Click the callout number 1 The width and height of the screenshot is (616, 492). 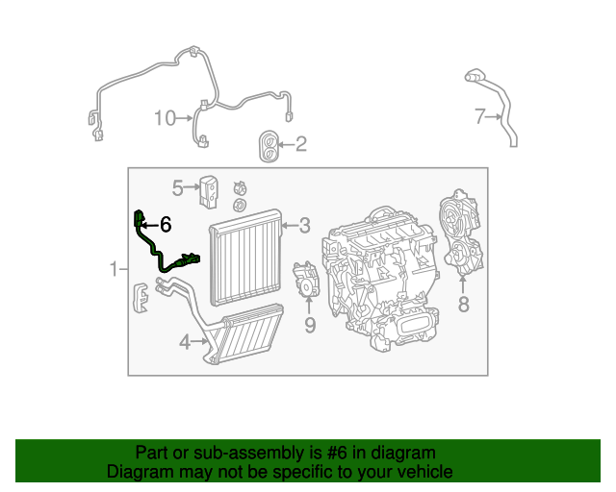click(x=113, y=269)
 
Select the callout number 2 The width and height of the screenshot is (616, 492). click(x=300, y=145)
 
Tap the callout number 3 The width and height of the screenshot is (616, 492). click(x=304, y=226)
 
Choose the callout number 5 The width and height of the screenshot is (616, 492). click(x=178, y=186)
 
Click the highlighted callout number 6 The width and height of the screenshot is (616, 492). click(x=166, y=225)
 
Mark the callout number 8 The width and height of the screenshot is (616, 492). click(x=463, y=306)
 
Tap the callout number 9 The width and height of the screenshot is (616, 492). click(x=310, y=326)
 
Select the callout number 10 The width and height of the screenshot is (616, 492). click(x=165, y=118)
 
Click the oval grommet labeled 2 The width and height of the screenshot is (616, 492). click(x=268, y=146)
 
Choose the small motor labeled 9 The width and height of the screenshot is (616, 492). click(x=307, y=282)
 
